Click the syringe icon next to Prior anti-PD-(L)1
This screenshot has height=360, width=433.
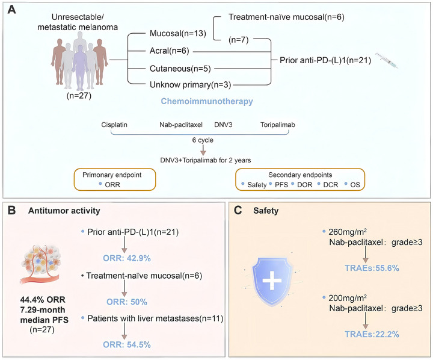(387, 61)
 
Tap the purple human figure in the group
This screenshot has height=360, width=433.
(80, 68)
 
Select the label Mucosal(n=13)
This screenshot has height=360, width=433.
(178, 34)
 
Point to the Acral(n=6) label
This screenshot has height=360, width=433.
(169, 51)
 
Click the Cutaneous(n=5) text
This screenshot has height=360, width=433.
(180, 68)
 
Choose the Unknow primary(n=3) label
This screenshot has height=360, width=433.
(190, 85)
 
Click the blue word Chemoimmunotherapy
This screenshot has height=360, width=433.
(207, 101)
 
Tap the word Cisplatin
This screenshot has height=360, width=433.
(114, 125)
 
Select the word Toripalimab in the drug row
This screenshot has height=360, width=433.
(277, 125)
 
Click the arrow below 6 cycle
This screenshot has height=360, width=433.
(203, 150)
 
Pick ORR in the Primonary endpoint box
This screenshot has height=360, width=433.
(112, 185)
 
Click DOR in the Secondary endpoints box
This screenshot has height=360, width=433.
(304, 185)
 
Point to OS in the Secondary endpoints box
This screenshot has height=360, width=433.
(355, 185)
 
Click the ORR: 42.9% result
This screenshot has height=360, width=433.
(127, 258)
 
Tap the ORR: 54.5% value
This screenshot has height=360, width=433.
(127, 344)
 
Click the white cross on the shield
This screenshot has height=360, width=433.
(272, 281)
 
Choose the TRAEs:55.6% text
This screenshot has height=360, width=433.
(372, 268)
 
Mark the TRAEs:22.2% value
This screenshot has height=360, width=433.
(372, 334)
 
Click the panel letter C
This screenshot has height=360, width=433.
(238, 211)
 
